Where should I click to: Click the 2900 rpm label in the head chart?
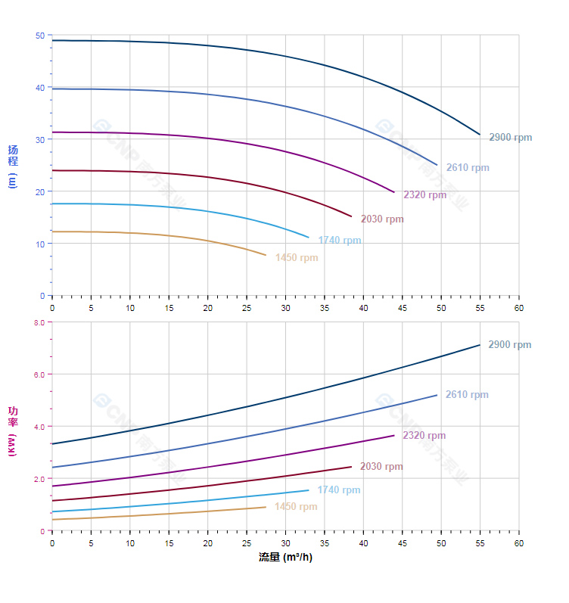[x=510, y=138]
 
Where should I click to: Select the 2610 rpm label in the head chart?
[x=467, y=168]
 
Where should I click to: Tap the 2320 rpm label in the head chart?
[x=424, y=194]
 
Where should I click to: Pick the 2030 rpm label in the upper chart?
[x=382, y=219]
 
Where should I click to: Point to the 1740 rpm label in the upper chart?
[x=340, y=241]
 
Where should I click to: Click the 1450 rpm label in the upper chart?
[x=297, y=258]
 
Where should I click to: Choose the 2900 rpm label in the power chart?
[x=509, y=345]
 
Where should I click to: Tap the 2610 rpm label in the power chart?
[x=467, y=395]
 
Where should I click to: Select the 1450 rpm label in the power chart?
[x=296, y=507]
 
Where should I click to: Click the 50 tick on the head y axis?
[x=39, y=36]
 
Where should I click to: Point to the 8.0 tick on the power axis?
[x=39, y=322]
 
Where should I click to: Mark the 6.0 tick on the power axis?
[x=39, y=375]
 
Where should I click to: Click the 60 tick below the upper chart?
[x=519, y=308]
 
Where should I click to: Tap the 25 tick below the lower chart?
[x=247, y=543]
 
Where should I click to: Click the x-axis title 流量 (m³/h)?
[x=285, y=558]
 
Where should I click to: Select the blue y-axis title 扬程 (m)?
[x=13, y=166]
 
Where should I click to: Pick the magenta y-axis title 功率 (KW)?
[x=13, y=431]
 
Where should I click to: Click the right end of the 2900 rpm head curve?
[x=480, y=135]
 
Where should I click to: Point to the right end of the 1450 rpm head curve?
[x=266, y=255]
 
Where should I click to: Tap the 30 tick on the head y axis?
[x=39, y=139]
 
